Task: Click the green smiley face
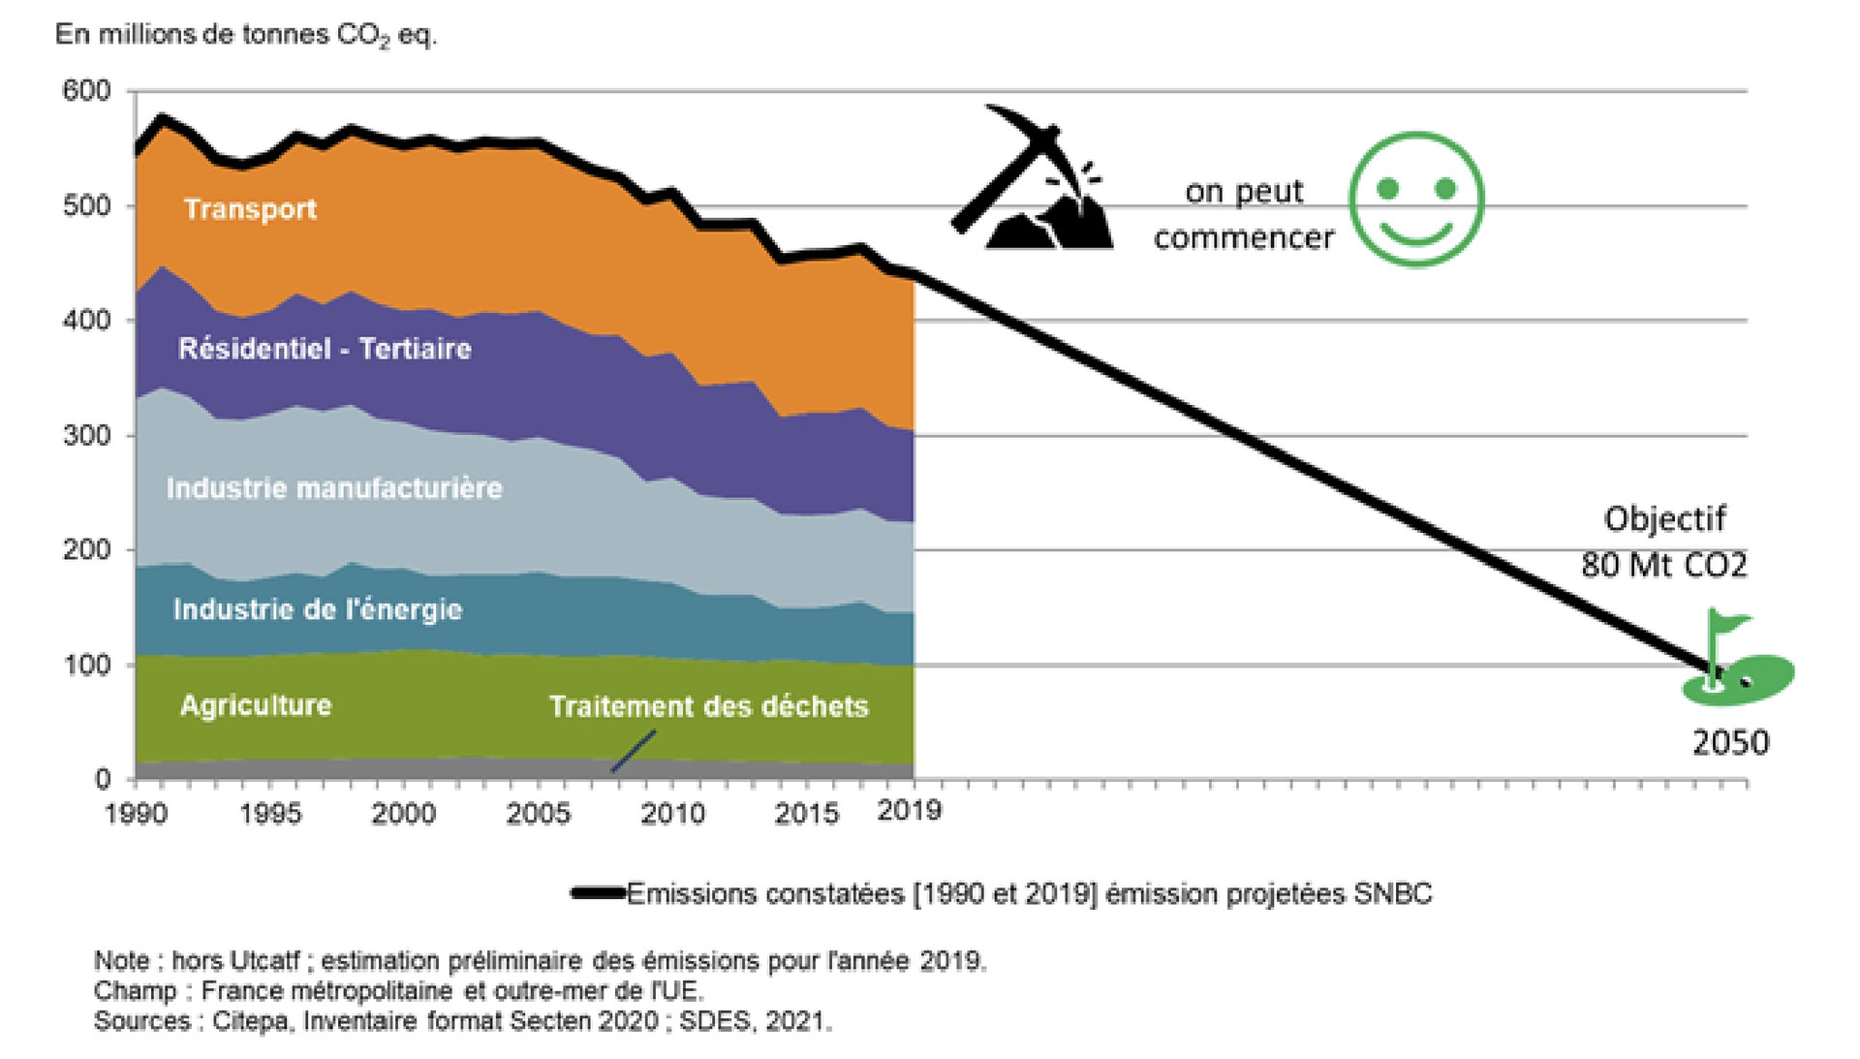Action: click(x=1416, y=200)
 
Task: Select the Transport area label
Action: click(x=250, y=209)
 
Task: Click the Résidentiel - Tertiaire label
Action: click(x=325, y=349)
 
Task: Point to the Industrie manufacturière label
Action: click(x=334, y=487)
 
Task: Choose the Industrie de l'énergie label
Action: click(x=318, y=609)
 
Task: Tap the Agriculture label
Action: click(x=256, y=705)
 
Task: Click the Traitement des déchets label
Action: click(x=708, y=706)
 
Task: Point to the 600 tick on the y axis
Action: click(x=86, y=91)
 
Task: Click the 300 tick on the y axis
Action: click(x=86, y=435)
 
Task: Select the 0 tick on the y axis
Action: click(x=102, y=778)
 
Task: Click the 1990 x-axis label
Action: click(x=136, y=813)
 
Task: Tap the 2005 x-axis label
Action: click(x=538, y=813)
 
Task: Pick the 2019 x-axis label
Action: click(x=909, y=810)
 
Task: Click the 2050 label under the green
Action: click(x=1730, y=743)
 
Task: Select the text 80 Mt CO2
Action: click(x=1663, y=565)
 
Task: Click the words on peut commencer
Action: click(x=1244, y=215)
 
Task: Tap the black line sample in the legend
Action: click(x=599, y=893)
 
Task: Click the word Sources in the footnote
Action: click(x=142, y=1021)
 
